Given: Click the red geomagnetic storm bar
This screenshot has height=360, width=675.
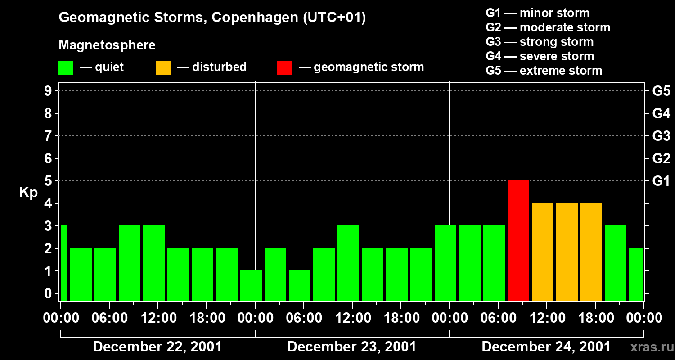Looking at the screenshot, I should [x=518, y=240].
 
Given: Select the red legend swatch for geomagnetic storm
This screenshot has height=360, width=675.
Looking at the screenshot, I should [x=284, y=68].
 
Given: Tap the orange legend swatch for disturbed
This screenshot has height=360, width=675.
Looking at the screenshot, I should [x=163, y=68].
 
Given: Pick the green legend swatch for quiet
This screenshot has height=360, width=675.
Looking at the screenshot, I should [x=66, y=68].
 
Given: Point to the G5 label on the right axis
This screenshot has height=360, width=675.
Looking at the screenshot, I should [x=661, y=91].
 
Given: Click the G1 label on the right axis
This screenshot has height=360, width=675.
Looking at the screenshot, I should [x=661, y=181].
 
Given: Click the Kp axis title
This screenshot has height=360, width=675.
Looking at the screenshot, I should [x=28, y=193].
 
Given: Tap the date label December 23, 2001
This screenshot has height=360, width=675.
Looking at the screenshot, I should [x=351, y=347].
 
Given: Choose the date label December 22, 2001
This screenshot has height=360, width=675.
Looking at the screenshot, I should [x=157, y=347].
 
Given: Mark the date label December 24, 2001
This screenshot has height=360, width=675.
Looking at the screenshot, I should [x=546, y=347].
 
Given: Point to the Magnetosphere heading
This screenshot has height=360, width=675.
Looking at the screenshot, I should [x=107, y=45].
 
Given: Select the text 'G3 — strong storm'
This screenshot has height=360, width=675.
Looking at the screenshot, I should [x=540, y=42].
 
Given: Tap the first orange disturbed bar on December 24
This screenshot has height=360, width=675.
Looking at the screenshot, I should [x=542, y=252].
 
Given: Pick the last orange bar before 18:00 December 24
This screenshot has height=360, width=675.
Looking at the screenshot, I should [x=591, y=252].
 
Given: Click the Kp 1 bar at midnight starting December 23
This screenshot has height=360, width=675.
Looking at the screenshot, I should [x=251, y=285].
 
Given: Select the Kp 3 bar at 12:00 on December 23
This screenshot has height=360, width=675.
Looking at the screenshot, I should [x=348, y=263].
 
